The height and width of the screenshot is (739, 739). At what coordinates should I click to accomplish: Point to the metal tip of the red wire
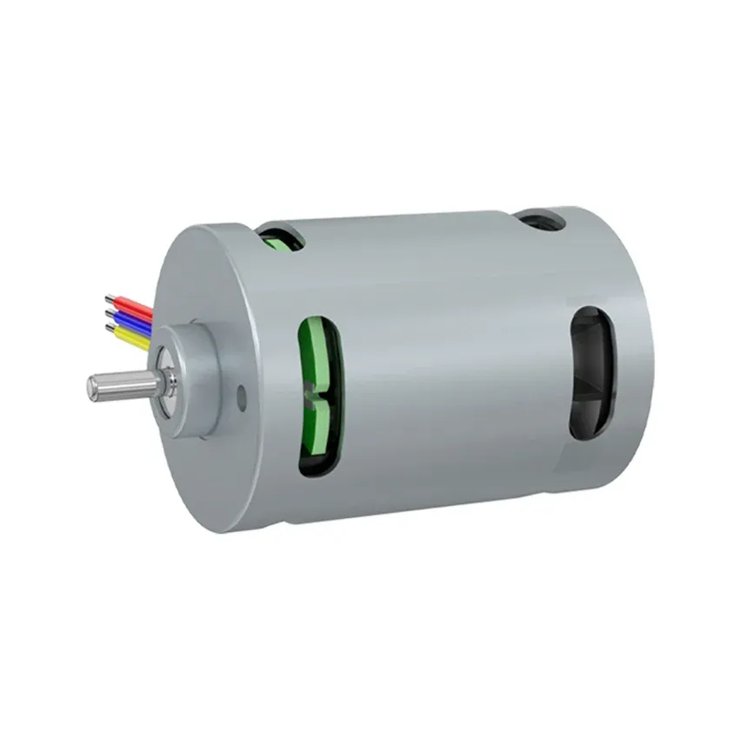(110, 298)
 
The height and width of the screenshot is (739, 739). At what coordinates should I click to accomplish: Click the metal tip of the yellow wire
(110, 328)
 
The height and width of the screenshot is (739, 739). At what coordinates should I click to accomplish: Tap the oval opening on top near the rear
(539, 219)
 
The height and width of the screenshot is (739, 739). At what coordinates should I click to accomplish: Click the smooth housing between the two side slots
(452, 383)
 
